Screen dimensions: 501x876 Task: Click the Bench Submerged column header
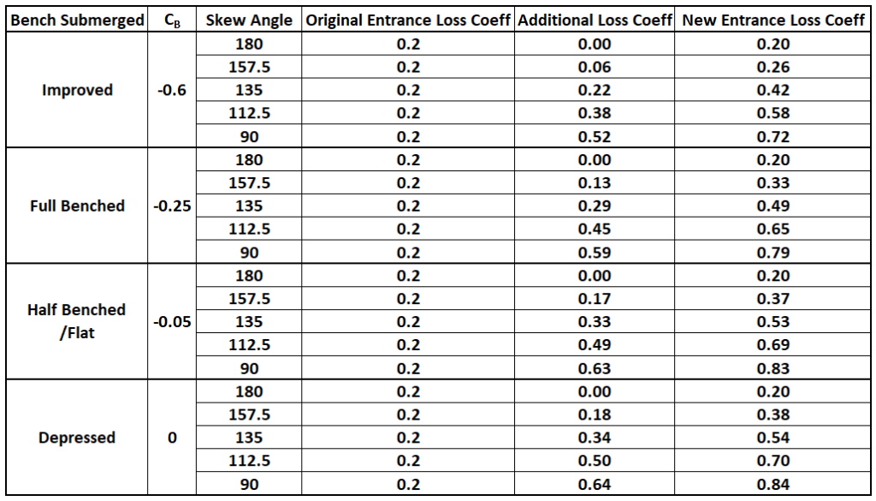tap(77, 21)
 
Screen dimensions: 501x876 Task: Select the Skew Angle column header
tap(249, 21)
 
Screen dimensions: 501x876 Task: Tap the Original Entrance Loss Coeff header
tap(408, 21)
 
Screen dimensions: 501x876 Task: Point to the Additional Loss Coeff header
tap(595, 21)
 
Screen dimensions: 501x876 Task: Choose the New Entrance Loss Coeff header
tap(773, 21)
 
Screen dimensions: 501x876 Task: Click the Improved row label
tap(77, 90)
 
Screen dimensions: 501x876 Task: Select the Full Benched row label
tap(77, 206)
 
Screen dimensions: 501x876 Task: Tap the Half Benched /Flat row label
tap(77, 321)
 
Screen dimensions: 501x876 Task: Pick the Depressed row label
tap(77, 438)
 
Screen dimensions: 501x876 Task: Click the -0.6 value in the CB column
tap(172, 90)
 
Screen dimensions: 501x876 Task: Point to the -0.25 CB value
tap(172, 206)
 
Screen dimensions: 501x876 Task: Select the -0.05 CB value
tap(172, 322)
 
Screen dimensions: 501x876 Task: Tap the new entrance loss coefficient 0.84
tap(773, 485)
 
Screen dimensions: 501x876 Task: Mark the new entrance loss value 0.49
tap(773, 206)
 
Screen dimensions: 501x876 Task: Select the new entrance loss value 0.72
tap(773, 136)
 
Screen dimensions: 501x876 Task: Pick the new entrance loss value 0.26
tap(773, 67)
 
